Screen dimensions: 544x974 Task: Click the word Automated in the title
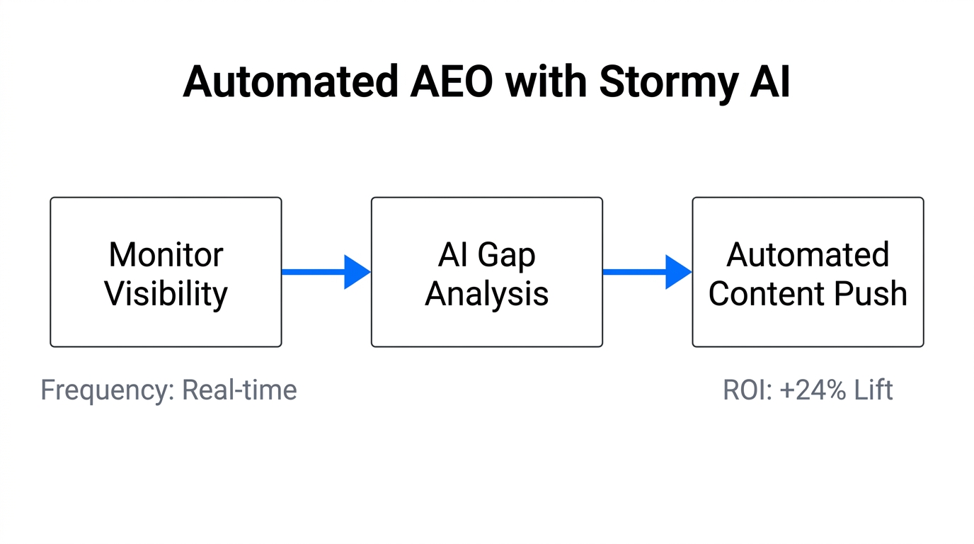(290, 83)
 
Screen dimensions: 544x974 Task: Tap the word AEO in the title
(451, 83)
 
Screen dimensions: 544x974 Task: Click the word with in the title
(546, 83)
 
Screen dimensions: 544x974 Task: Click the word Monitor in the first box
(166, 254)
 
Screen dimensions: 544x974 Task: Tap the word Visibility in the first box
(166, 293)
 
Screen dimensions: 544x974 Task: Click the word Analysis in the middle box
(486, 293)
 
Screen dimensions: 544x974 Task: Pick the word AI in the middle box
(453, 254)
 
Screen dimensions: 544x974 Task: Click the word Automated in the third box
(808, 254)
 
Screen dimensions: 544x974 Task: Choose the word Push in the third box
(872, 293)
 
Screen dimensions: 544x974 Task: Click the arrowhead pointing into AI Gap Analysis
(357, 272)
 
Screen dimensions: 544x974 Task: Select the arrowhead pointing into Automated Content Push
(678, 272)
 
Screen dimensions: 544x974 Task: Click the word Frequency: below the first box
(107, 390)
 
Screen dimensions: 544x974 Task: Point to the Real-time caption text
(239, 390)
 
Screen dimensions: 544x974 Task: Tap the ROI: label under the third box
(747, 390)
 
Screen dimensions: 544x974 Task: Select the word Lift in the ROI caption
(873, 390)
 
